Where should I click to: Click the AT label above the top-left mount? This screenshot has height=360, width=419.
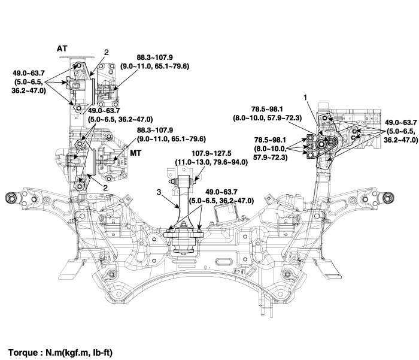(x=63, y=47)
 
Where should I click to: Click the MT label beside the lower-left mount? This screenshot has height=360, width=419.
(x=136, y=153)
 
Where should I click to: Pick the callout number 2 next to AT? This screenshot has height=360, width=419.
(x=106, y=53)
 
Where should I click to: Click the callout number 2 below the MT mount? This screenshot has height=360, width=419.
(x=106, y=187)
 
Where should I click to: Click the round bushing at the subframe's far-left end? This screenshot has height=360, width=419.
(x=10, y=196)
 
